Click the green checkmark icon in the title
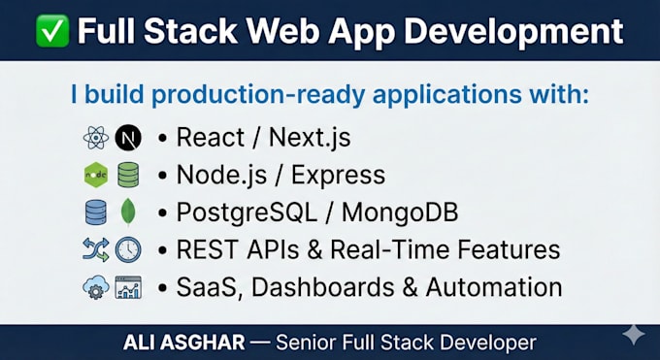coord(52,30)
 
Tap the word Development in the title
coord(514,32)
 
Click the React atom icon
coord(96,138)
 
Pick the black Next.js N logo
coord(128,138)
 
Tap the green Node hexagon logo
coord(96,175)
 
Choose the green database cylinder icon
coord(128,175)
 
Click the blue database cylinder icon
coord(96,212)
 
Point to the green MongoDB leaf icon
coord(128,212)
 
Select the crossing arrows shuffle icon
coord(96,249)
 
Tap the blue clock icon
coord(128,249)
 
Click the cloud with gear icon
coord(96,287)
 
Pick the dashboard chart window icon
coord(128,287)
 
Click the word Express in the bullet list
coord(338,176)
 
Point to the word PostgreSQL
coord(247,213)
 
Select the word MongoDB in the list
coord(400,213)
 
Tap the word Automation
coord(494,287)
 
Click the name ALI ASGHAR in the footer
coord(184,343)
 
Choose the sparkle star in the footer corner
coord(634,335)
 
